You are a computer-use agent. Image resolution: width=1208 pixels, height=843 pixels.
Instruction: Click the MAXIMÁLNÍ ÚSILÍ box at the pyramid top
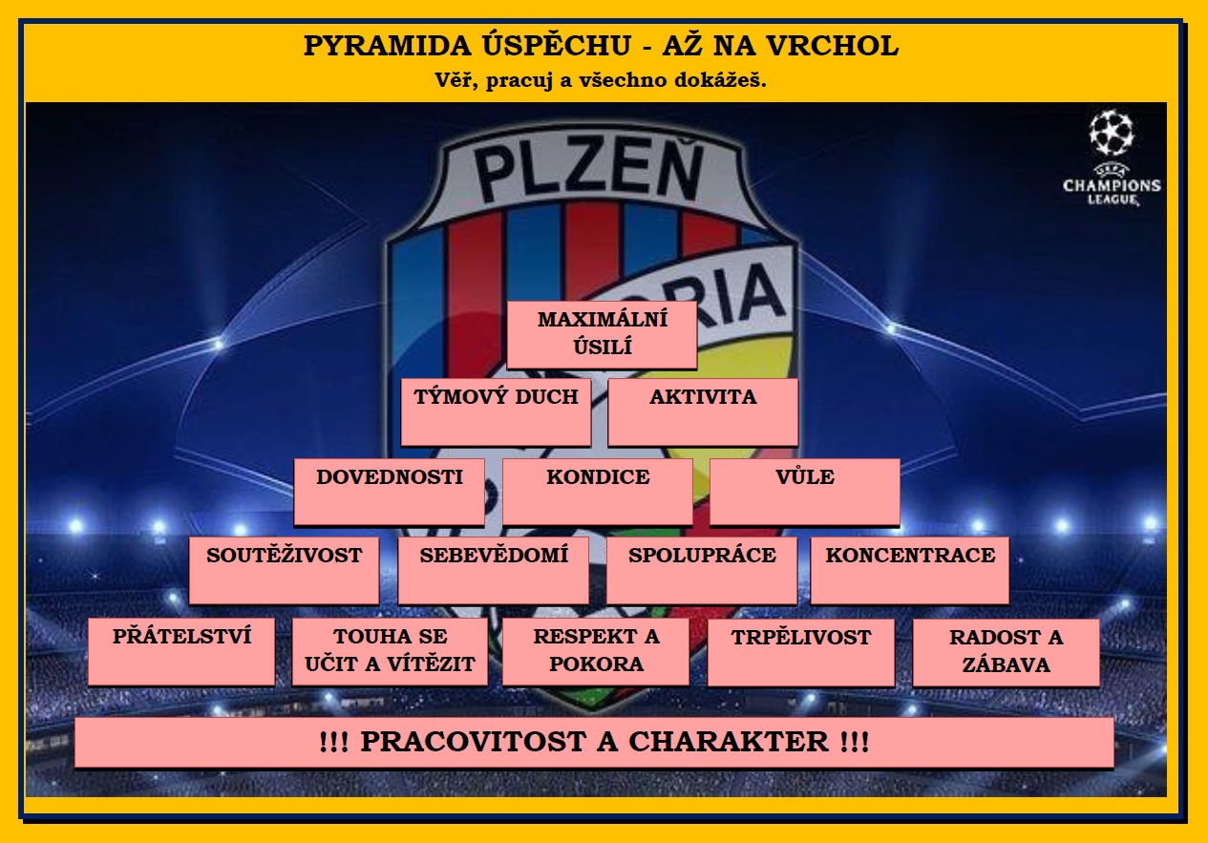click(602, 335)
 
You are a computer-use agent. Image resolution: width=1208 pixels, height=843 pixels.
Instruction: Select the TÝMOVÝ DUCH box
click(497, 412)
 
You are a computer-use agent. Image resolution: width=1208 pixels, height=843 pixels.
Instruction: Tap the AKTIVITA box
click(703, 412)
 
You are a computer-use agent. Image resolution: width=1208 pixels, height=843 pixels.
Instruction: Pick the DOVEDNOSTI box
click(390, 492)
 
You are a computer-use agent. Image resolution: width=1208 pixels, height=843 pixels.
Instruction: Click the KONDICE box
click(598, 492)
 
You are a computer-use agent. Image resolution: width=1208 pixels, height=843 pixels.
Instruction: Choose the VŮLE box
click(805, 492)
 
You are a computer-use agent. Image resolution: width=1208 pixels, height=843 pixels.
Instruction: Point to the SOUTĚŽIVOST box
click(285, 570)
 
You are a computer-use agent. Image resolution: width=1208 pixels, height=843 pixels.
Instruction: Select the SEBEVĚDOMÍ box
click(494, 570)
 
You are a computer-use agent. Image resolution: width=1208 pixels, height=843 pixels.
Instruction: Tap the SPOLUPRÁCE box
click(702, 570)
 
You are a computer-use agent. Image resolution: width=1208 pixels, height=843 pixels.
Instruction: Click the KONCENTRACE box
click(910, 570)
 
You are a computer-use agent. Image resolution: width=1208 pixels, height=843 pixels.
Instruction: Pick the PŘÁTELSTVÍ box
click(181, 652)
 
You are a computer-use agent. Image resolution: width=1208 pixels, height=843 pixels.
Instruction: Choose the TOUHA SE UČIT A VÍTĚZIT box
click(390, 652)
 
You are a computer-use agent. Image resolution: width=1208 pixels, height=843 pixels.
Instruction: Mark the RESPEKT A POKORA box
click(596, 652)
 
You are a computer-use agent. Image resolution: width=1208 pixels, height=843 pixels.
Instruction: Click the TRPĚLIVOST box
click(801, 653)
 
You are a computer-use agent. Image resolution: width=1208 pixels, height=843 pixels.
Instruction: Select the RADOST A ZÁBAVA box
click(1006, 653)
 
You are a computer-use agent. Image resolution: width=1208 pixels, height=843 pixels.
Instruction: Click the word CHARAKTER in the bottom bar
click(729, 742)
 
